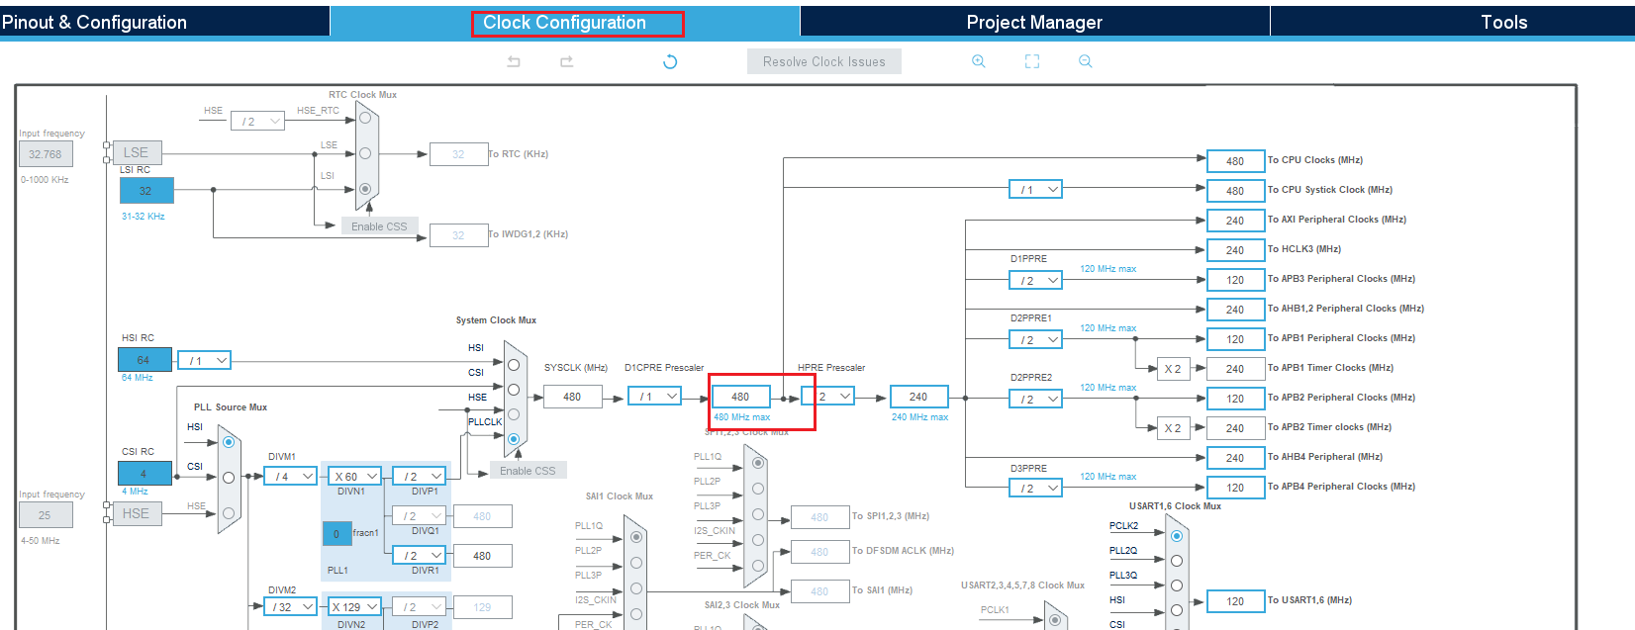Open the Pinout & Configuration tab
click(94, 22)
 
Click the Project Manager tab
click(1033, 22)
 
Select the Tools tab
click(1502, 22)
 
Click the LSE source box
click(137, 152)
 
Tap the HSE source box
click(137, 513)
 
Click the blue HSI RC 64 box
click(144, 360)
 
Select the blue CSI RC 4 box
click(144, 474)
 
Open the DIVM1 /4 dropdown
click(290, 477)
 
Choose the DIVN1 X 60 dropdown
click(355, 477)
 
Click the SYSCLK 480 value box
click(572, 397)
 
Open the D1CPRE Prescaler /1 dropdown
click(654, 397)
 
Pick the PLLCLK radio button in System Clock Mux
click(514, 438)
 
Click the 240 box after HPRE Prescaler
click(918, 397)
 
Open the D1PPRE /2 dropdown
click(1035, 281)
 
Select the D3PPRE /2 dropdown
click(1035, 489)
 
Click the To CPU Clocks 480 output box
click(1235, 161)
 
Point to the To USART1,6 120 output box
click(1235, 601)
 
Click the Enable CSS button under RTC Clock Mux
click(379, 226)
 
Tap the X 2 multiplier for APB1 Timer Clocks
click(1172, 369)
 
